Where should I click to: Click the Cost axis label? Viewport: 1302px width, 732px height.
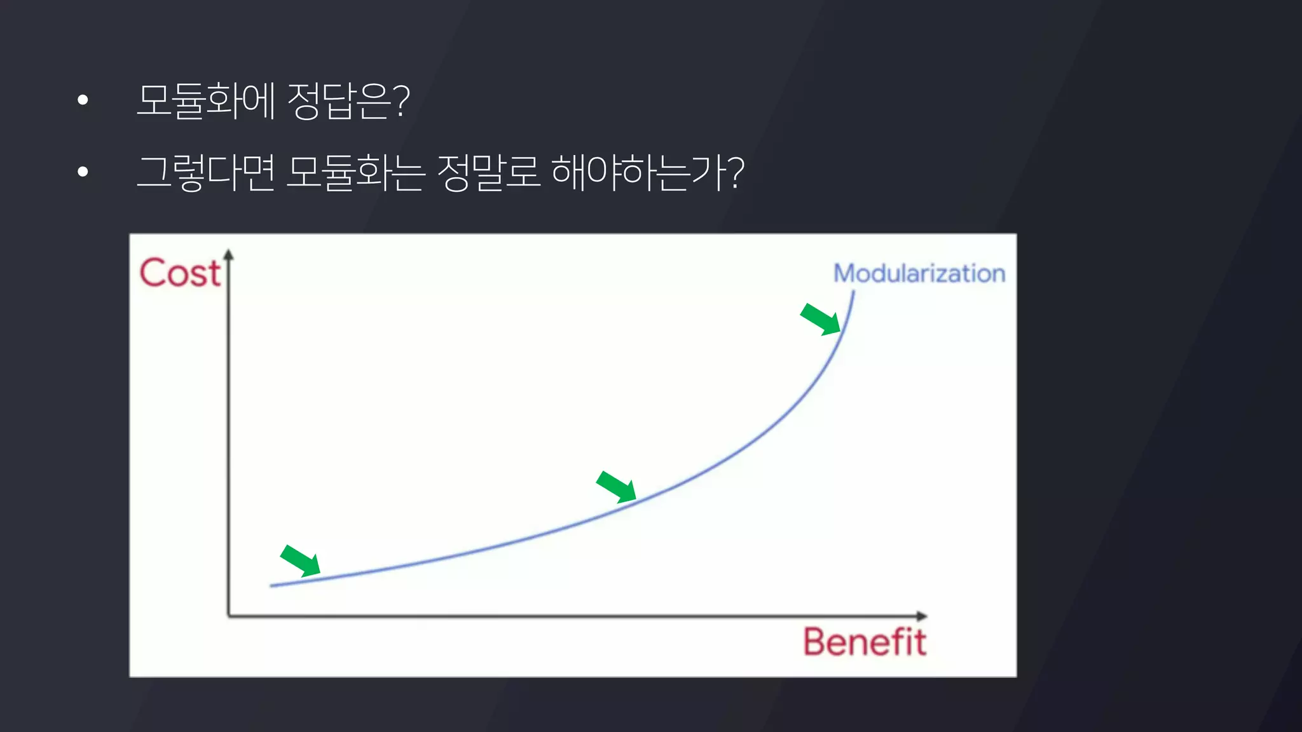coord(180,273)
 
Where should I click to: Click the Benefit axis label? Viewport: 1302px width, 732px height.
coord(865,642)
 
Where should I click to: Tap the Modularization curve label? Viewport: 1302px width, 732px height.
coord(919,273)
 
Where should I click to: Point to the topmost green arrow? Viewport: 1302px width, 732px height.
coord(821,319)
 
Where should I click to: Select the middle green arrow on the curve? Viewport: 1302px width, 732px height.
coord(616,487)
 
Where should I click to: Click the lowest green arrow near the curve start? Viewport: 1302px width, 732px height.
coord(300,560)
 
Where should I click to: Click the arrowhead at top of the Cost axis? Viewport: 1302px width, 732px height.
coord(229,255)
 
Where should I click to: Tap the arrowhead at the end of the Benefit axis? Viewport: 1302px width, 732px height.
coord(922,616)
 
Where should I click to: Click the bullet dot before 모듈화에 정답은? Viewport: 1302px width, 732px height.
coord(83,100)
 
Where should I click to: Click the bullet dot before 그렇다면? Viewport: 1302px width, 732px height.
coord(83,172)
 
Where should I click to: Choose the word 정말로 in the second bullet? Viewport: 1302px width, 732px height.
coord(488,172)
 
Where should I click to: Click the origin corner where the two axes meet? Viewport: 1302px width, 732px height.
coord(229,616)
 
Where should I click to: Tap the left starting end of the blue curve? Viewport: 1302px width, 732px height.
coord(271,585)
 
